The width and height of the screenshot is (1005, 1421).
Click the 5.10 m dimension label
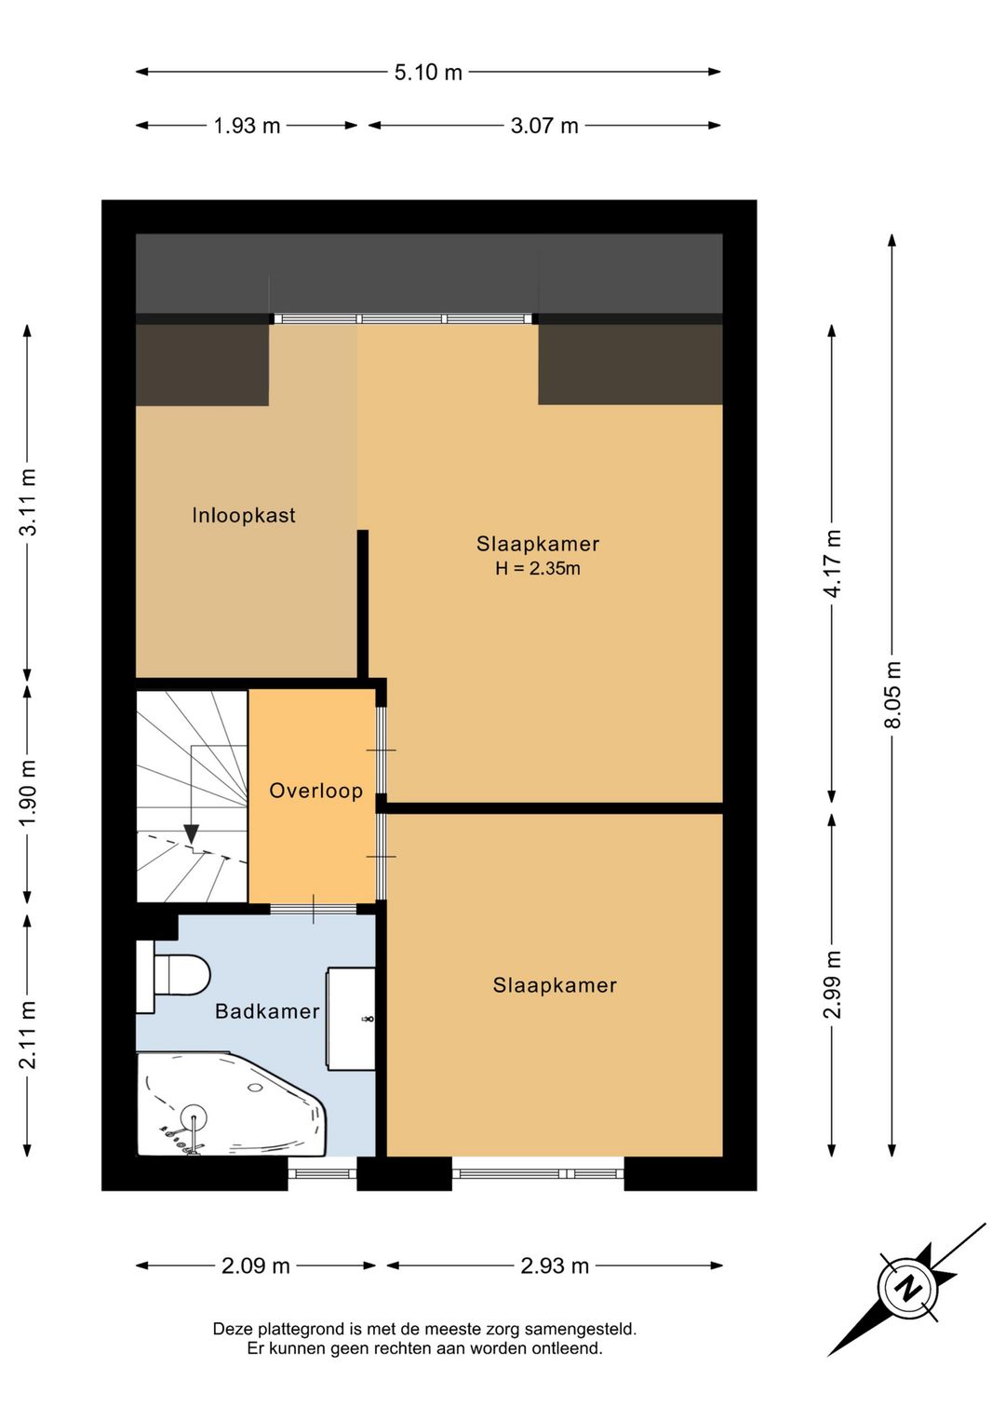click(428, 73)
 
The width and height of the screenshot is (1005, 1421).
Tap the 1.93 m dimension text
click(247, 126)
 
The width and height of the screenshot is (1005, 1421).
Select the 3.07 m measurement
click(544, 126)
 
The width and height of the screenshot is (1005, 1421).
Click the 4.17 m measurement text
click(833, 563)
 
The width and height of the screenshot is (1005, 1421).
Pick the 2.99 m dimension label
click(833, 984)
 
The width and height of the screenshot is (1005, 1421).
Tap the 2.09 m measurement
click(256, 1266)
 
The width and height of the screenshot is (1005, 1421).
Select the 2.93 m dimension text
click(555, 1266)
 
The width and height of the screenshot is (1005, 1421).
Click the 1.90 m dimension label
click(28, 792)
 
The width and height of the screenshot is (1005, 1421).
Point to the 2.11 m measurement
click(28, 1035)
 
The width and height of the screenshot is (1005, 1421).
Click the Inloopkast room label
click(244, 515)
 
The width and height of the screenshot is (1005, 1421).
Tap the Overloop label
click(315, 791)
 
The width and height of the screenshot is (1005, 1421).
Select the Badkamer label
click(267, 1011)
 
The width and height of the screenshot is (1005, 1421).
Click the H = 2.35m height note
click(538, 568)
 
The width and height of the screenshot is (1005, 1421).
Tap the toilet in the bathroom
click(173, 976)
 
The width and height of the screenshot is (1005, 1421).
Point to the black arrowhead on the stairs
click(191, 833)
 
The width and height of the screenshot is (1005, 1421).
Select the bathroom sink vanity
click(351, 1018)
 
